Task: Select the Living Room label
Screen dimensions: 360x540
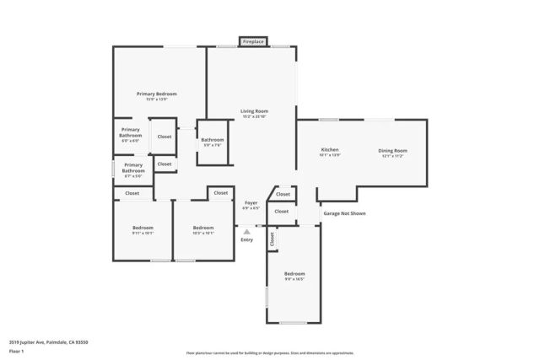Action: pyautogui.click(x=254, y=110)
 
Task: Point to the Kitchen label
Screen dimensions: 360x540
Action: pyautogui.click(x=329, y=150)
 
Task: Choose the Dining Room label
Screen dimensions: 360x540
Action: pyautogui.click(x=393, y=150)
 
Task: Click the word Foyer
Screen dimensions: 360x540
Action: pyautogui.click(x=251, y=203)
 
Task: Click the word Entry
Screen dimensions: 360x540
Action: pyautogui.click(x=246, y=240)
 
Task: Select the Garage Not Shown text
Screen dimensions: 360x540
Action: pyautogui.click(x=344, y=213)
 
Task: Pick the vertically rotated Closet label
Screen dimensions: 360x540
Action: pyautogui.click(x=273, y=239)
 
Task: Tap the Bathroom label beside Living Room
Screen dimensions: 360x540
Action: pyautogui.click(x=213, y=139)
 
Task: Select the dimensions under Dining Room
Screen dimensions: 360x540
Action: pyautogui.click(x=393, y=156)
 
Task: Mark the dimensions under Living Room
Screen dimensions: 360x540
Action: pyautogui.click(x=254, y=116)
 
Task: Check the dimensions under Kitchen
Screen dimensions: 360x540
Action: pyautogui.click(x=329, y=156)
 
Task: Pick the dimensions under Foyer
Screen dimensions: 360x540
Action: pyautogui.click(x=251, y=209)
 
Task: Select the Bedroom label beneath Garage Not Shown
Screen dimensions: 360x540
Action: pyautogui.click(x=294, y=274)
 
